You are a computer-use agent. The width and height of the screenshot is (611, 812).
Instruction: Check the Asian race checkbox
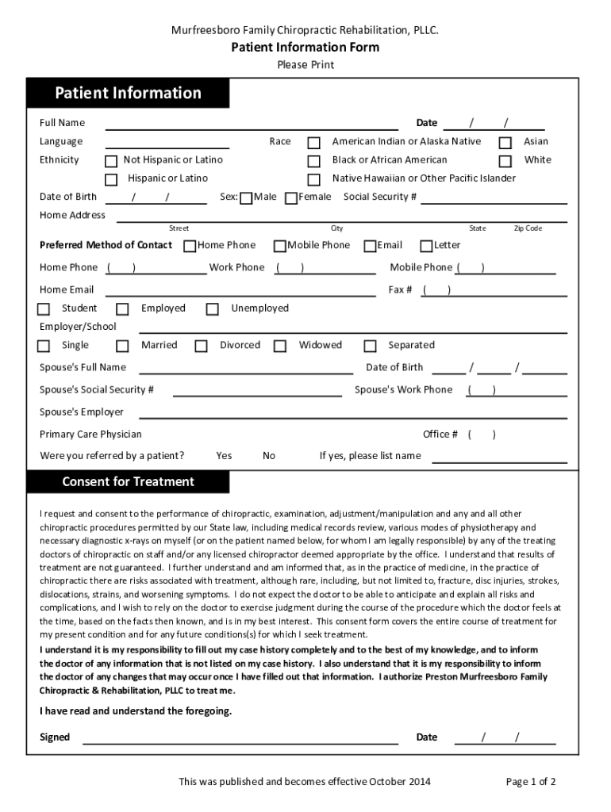point(505,143)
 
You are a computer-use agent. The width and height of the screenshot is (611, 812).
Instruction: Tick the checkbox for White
point(505,161)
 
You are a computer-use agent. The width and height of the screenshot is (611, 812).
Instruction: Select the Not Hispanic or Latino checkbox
point(111,161)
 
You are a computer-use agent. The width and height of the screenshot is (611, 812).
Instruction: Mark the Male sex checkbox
point(246,197)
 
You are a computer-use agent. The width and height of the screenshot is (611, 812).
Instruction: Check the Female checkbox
point(291,197)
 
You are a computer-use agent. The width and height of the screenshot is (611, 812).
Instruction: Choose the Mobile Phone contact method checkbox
point(280,246)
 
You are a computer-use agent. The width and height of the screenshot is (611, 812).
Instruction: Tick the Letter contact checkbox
point(426,246)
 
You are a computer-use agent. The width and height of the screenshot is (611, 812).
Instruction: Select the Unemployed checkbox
point(212,309)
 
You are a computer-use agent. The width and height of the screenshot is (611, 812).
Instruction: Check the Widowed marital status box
point(280,346)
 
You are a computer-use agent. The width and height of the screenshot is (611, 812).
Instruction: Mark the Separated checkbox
point(370,346)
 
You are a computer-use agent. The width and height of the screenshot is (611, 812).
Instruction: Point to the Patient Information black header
point(128,94)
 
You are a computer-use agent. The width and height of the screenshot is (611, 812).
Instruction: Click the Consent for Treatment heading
point(128,482)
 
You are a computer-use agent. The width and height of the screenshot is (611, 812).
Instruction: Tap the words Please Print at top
point(305,65)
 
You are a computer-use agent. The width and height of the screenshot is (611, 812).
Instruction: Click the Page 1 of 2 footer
point(531,782)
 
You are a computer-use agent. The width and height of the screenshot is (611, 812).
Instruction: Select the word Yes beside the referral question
point(224,456)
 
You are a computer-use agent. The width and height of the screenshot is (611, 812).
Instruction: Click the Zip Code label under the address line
point(528,228)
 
